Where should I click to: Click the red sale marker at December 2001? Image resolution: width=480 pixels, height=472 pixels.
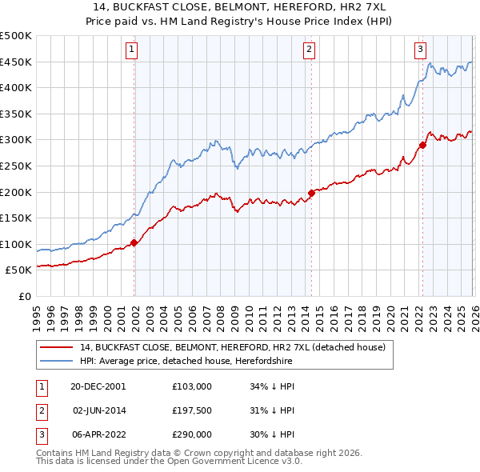tap(134, 242)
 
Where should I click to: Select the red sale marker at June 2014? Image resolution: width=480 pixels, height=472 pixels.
tap(310, 193)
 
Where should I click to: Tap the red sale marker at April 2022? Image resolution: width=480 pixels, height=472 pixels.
tap(422, 145)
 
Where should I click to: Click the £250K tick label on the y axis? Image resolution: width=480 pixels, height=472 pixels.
tap(16, 166)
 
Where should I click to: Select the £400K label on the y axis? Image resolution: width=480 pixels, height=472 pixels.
tap(16, 88)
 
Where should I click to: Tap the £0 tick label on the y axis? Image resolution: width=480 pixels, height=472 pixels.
tap(24, 296)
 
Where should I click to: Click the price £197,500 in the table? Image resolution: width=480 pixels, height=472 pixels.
tap(191, 410)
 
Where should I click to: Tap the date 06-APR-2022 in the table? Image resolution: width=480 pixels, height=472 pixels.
tap(98, 435)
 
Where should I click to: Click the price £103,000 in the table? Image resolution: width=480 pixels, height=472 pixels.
tap(191, 386)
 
